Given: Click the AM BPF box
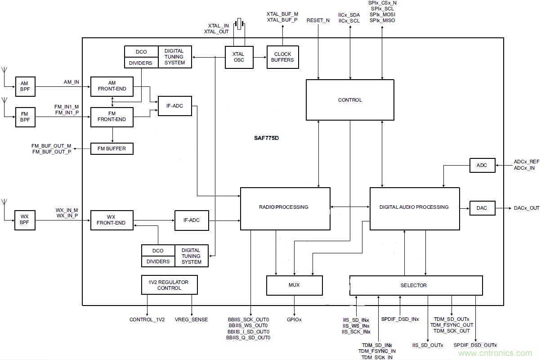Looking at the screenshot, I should click(25, 86).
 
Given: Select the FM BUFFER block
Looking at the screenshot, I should click(112, 148).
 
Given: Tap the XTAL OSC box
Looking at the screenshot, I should click(239, 57).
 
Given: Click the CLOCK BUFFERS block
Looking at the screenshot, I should click(283, 57).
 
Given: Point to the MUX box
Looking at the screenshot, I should click(295, 285).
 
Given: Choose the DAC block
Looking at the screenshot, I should click(482, 208).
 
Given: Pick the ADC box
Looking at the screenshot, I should click(482, 165).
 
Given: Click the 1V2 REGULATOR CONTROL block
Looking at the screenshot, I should click(170, 285).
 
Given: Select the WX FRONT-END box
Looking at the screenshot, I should click(112, 220).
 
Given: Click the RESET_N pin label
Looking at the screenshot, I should click(318, 21).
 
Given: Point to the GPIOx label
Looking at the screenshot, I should click(295, 319).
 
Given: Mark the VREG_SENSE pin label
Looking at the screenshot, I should click(192, 319).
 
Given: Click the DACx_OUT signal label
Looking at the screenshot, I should click(526, 208).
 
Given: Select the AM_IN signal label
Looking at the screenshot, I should click(72, 82).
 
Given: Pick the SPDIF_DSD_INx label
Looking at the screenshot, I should click(400, 319).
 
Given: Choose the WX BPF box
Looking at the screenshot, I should click(25, 220).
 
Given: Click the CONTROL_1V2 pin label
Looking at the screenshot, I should click(147, 319).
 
